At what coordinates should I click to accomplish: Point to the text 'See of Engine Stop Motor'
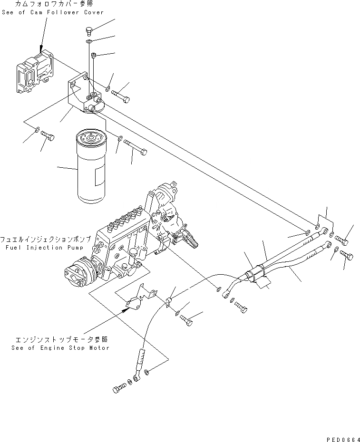61,348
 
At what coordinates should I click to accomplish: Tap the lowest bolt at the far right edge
346,257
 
